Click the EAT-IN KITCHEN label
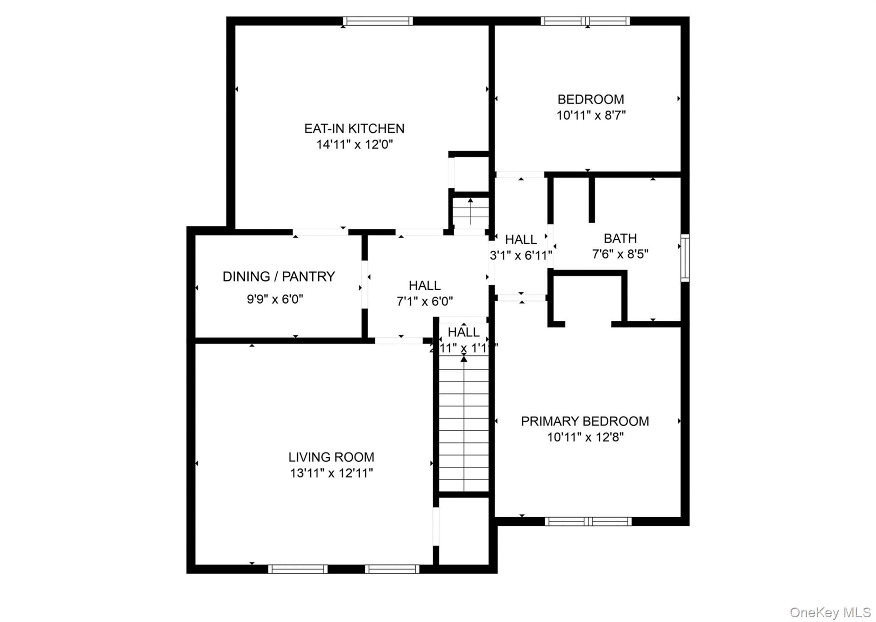[354, 128]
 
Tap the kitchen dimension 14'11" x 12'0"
[354, 145]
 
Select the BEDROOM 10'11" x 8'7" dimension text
[591, 116]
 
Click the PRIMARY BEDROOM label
[584, 421]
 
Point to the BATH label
[620, 238]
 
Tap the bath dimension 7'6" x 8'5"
[620, 254]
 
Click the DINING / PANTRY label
[278, 277]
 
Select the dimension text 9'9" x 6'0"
[275, 299]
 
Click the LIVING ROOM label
[331, 457]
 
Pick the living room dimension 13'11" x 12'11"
[331, 473]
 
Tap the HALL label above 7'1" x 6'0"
[424, 285]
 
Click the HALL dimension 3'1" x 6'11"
[521, 255]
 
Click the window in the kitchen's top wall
[378, 21]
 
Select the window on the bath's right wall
[685, 258]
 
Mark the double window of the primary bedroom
[588, 521]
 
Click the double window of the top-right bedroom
[585, 21]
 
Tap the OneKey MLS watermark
[830, 613]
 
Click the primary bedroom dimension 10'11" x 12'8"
[585, 438]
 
